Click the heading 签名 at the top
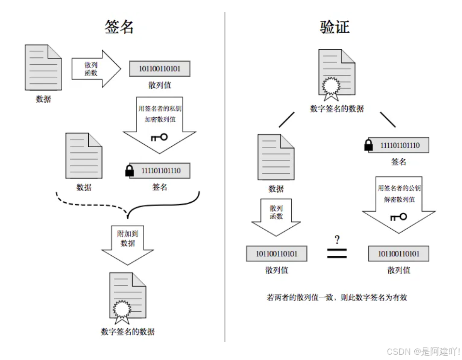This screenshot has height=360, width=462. [x=119, y=26]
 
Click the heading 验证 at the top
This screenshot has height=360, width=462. [x=334, y=26]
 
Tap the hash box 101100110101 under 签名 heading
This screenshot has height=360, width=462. [x=159, y=69]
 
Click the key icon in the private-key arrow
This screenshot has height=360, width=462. [x=159, y=137]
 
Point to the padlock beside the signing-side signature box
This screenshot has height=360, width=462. [x=129, y=170]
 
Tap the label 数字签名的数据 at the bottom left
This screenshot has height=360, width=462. [x=128, y=332]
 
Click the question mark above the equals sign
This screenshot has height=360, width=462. [x=337, y=240]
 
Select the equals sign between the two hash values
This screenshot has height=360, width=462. [x=337, y=253]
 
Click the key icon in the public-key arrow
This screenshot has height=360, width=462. [x=398, y=217]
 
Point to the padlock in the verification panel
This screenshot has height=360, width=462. [x=368, y=145]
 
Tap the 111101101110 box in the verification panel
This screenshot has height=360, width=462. [x=400, y=145]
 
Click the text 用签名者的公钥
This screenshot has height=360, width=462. [x=399, y=188]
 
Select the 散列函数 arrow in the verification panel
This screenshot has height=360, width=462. [x=276, y=216]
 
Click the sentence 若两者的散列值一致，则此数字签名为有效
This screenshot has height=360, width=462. [x=337, y=297]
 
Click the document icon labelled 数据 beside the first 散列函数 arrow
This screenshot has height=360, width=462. [x=43, y=68]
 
